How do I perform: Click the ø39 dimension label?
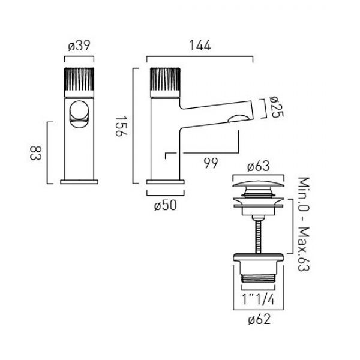[79, 46]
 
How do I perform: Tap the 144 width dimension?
[200, 46]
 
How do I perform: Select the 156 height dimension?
[121, 126]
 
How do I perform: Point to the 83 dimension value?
[35, 153]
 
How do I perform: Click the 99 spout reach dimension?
[211, 163]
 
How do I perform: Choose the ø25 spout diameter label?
[277, 107]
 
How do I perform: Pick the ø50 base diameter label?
[166, 205]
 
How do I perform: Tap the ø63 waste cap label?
[258, 166]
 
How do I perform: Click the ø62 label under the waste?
[259, 319]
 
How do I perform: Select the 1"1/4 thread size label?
[258, 299]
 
